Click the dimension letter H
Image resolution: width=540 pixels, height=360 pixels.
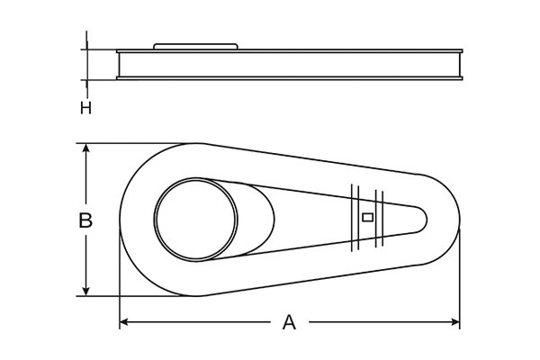pos(85,108)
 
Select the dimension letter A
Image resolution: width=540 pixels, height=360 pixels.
pos(289,322)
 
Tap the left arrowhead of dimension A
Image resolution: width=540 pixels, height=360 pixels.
pos(125,322)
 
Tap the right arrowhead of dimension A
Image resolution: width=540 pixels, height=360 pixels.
pos(455,322)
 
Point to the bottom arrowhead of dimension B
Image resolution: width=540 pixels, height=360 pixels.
pos(85,290)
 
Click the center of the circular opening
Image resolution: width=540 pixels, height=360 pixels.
pos(196,220)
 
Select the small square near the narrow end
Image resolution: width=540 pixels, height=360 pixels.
pos(366,217)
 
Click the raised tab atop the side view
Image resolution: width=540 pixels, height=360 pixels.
pos(195,45)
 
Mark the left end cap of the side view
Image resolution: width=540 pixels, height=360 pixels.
pos(119,66)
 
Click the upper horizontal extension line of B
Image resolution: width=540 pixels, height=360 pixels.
pos(135,143)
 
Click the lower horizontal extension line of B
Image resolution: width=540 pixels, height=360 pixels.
pos(135,296)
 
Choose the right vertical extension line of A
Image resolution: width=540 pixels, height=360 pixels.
pos(461,279)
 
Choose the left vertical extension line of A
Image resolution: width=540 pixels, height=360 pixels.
pos(120,279)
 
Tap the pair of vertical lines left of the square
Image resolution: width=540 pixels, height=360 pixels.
pos(355,217)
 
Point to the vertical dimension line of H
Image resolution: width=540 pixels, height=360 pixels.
pos(86,65)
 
